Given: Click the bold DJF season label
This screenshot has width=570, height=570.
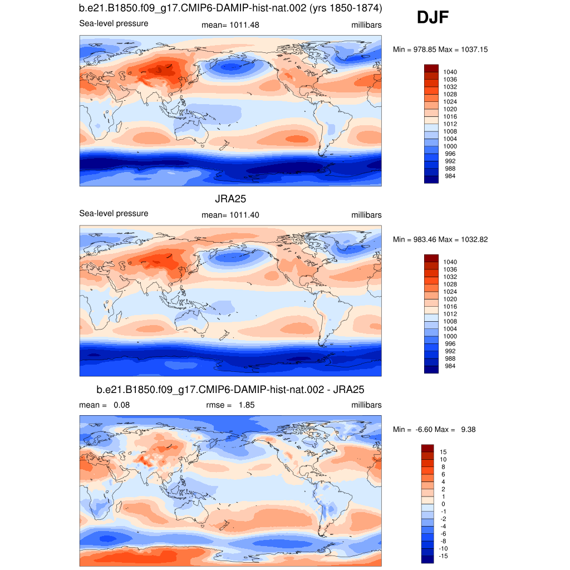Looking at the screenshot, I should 433,18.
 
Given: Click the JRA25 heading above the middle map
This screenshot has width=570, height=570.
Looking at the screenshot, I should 230,199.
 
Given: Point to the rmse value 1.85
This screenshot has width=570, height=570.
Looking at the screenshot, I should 246,405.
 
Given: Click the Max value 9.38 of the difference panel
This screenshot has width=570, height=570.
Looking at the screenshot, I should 467,429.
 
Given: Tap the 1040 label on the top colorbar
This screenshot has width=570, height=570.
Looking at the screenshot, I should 450,72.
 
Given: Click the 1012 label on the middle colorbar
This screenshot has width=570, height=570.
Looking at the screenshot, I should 450,314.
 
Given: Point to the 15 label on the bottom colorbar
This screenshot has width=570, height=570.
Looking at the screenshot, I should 443,452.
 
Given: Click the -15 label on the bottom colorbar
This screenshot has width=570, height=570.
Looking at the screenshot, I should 444,556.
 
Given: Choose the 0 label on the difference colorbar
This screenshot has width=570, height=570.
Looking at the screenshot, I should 443,504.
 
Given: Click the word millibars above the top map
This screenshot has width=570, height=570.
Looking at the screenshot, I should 366,24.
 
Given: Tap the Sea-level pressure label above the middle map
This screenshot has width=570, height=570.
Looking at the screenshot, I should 114,213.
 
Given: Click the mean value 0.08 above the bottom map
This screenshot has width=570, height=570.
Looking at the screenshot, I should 121,405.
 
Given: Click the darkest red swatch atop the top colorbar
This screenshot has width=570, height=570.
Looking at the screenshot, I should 431,68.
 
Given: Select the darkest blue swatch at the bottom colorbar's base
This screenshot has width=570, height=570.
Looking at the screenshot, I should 428,559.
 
